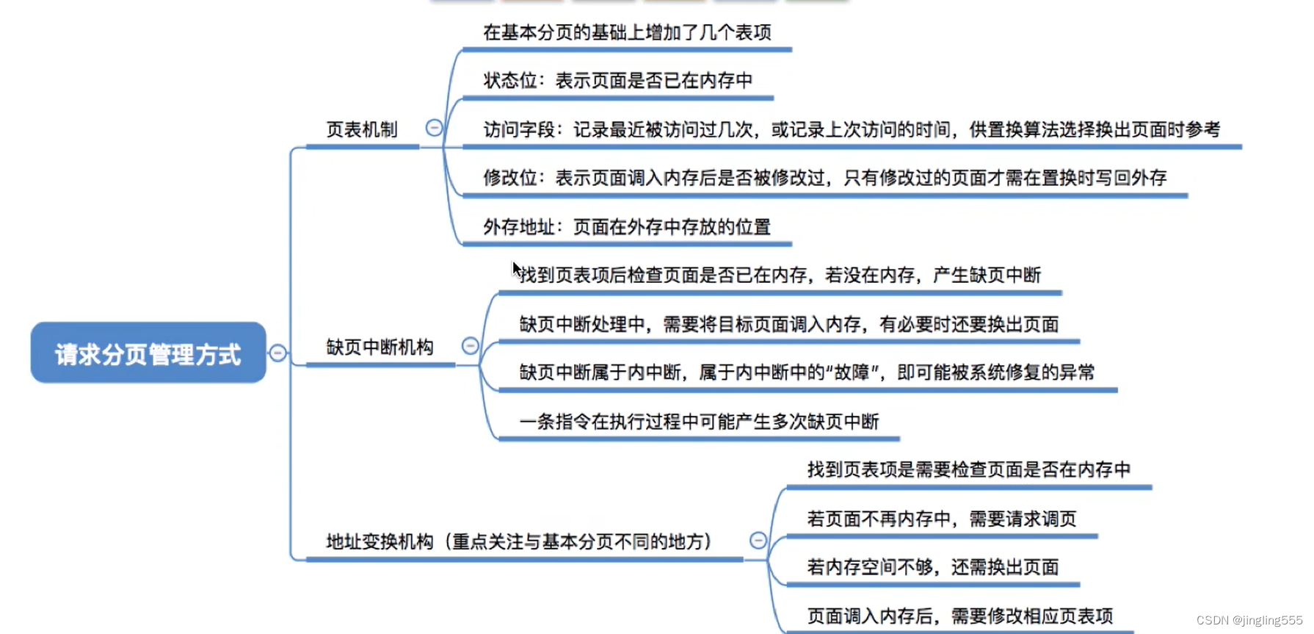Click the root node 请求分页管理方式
click(148, 353)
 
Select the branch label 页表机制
click(361, 130)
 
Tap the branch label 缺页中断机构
click(380, 347)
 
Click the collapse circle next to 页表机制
click(434, 128)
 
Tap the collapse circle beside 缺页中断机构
click(470, 345)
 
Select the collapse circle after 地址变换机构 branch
click(758, 541)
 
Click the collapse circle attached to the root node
click(277, 353)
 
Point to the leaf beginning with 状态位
click(617, 81)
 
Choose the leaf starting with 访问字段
click(851, 130)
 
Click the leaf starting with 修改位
click(824, 178)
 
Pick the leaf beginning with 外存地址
click(626, 227)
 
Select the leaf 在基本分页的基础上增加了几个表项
click(626, 32)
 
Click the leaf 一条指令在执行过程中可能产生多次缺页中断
click(699, 422)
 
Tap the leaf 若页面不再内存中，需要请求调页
click(941, 519)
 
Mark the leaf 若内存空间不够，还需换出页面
click(932, 567)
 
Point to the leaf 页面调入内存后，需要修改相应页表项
click(959, 616)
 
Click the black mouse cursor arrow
click(516, 270)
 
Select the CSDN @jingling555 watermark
click(1249, 620)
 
